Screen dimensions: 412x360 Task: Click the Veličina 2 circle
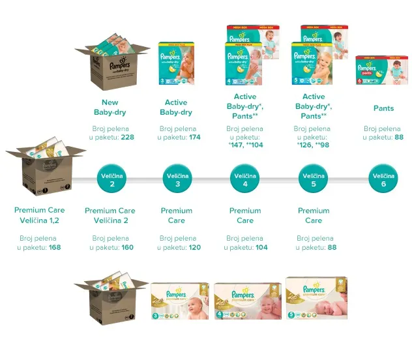(x=112, y=180)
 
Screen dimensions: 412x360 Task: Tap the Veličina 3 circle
(x=177, y=180)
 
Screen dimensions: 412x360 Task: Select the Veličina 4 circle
(x=245, y=180)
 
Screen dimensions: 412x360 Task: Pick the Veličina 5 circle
(x=314, y=180)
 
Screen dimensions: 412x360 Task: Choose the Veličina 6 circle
(x=383, y=180)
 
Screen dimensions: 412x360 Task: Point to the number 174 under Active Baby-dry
(x=194, y=138)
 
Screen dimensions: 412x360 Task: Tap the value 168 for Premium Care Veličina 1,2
(x=55, y=248)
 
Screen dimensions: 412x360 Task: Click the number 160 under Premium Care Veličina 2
(x=127, y=248)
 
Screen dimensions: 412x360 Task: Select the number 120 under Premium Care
(x=194, y=248)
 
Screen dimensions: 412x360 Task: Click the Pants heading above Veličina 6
(x=383, y=108)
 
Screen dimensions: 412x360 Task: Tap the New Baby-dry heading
(x=110, y=108)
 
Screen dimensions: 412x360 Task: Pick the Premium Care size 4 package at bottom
(x=248, y=301)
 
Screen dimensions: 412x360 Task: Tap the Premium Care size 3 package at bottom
(x=180, y=301)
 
